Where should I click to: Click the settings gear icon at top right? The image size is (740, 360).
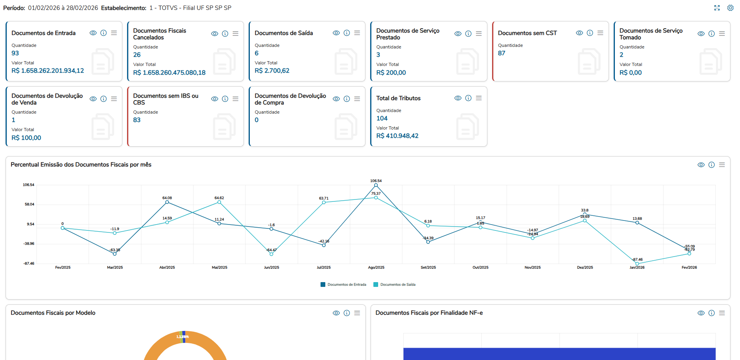730,8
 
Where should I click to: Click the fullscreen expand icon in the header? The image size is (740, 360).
717,8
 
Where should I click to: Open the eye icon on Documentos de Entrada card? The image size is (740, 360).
93,33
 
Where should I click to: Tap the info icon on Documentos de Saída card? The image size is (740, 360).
347,33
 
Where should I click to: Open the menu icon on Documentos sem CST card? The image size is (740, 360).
600,33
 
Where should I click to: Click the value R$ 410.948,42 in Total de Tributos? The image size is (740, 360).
397,136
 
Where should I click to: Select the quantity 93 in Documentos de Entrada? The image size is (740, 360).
15,53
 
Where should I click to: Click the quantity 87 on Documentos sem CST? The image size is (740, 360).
502,53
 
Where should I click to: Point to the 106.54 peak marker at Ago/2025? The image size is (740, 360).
376,185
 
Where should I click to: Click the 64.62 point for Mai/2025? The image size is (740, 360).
219,202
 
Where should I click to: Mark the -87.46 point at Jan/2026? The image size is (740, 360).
637,263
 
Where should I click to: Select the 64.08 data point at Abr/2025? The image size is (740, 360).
167,202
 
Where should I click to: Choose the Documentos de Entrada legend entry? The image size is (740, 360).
344,285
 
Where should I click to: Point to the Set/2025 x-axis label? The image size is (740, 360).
428,267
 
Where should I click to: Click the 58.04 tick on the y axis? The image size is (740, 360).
29,204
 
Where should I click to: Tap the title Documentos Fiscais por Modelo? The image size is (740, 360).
53,313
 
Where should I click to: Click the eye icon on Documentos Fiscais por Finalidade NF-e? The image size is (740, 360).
701,313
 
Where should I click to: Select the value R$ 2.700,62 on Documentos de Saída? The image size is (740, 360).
272,71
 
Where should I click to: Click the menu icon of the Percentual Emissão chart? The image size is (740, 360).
722,165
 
